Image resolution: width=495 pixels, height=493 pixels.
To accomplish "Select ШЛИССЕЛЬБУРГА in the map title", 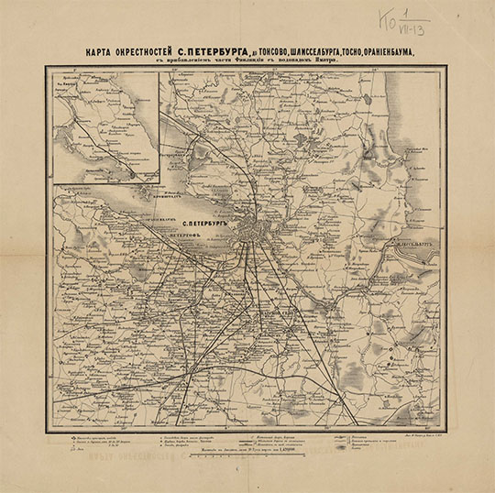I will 317,52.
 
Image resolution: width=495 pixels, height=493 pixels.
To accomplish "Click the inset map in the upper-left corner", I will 105,127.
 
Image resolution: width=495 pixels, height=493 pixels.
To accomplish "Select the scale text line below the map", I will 246,453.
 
